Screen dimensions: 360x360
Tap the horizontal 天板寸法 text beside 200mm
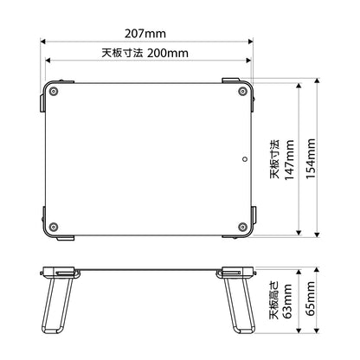pyautogui.click(x=124, y=53)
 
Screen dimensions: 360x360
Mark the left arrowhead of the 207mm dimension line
pyautogui.click(x=42, y=41)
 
